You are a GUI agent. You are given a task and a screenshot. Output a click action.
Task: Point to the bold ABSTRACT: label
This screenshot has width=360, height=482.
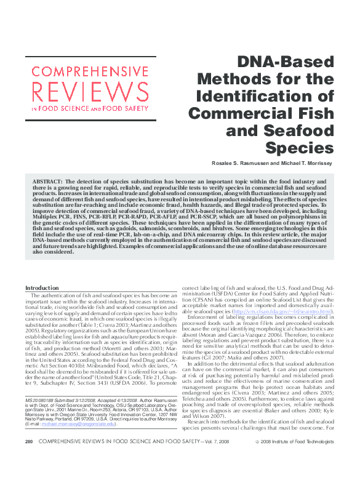coord(45,183)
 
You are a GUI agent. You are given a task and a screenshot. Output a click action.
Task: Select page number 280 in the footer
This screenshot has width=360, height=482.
coord(28,459)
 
